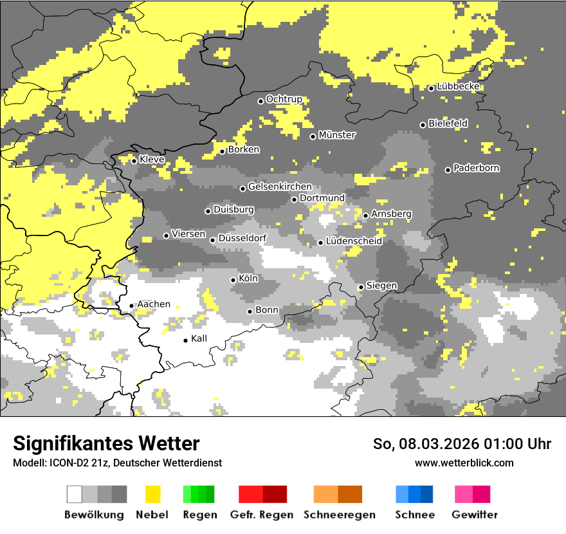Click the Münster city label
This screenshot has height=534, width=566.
click(337, 135)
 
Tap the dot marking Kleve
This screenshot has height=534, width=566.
click(134, 160)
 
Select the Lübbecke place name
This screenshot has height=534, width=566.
click(459, 87)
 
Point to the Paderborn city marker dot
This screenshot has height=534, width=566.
click(448, 170)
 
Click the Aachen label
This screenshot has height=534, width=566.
click(154, 304)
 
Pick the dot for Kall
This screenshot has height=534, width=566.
click(185, 340)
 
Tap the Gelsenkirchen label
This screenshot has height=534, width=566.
click(280, 187)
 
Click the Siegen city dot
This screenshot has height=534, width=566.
click(361, 287)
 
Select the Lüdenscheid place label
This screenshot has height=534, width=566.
click(354, 241)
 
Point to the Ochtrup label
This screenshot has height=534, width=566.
click(284, 99)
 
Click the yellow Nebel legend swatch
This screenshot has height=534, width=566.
click(153, 494)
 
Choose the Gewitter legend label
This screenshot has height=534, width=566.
click(475, 515)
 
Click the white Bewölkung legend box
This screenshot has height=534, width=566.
click(75, 494)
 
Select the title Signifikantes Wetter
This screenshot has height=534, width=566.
click(106, 443)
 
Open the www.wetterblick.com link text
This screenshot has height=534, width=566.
click(464, 463)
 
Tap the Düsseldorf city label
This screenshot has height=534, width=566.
click(242, 238)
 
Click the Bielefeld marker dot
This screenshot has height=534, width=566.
click(423, 125)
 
